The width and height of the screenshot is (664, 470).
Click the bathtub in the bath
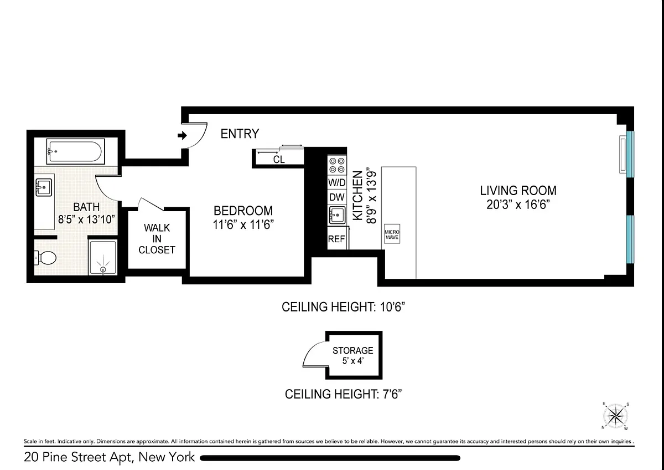pyautogui.click(x=76, y=151)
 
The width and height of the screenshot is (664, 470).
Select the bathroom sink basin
pyautogui.click(x=44, y=187)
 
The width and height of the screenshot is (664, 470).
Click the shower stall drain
pyautogui.click(x=103, y=269)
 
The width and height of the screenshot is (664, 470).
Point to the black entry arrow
pyautogui.click(x=182, y=135)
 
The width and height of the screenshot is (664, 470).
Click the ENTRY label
pyautogui.click(x=240, y=134)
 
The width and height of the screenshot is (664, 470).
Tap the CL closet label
pyautogui.click(x=279, y=160)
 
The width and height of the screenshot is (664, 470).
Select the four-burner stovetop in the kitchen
pyautogui.click(x=337, y=165)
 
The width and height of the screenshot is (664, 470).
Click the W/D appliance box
pyautogui.click(x=337, y=182)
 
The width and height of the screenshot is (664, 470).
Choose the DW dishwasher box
pyautogui.click(x=337, y=197)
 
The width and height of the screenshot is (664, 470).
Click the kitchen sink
pyautogui.click(x=337, y=215)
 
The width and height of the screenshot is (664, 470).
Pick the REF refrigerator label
pyautogui.click(x=336, y=239)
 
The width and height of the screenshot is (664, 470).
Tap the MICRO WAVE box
pyautogui.click(x=392, y=234)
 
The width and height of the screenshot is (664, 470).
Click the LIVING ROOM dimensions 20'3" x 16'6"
pyautogui.click(x=518, y=205)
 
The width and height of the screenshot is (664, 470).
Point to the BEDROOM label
pyautogui.click(x=243, y=211)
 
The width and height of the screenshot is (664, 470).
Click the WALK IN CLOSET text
pyautogui.click(x=157, y=239)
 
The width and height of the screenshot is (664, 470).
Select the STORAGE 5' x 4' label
pyautogui.click(x=353, y=355)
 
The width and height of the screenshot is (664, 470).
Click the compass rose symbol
pyautogui.click(x=616, y=416)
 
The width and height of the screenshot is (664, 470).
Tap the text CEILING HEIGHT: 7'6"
pyautogui.click(x=343, y=394)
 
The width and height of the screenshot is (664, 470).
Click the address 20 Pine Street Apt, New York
pyautogui.click(x=110, y=457)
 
